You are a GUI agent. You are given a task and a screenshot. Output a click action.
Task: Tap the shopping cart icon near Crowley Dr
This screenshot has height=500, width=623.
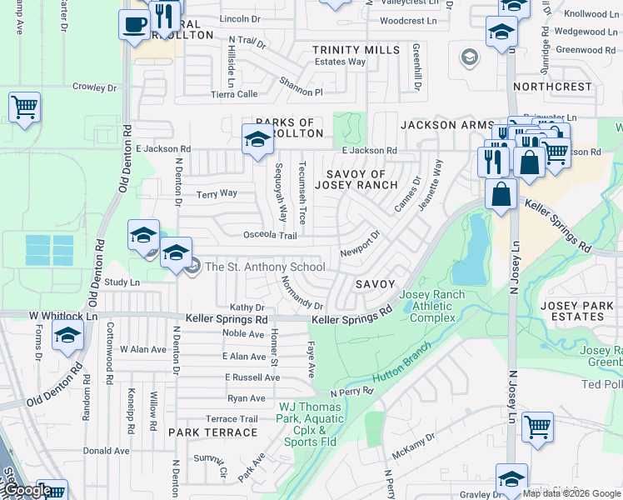coord(24,107)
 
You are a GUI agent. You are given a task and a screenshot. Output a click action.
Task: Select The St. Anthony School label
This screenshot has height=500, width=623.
coord(265,267)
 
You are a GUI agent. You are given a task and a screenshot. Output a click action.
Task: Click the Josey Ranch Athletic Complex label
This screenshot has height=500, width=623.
coord(427,306)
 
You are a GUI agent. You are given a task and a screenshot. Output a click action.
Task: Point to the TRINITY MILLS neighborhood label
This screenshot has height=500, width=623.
coord(356,50)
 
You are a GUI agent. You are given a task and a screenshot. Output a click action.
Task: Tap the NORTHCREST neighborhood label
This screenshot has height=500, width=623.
coord(551,87)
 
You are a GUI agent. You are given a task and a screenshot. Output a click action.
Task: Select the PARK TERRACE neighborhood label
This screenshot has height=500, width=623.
coord(213,432)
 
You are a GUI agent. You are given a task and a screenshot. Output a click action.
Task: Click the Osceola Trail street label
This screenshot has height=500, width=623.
coord(270,236)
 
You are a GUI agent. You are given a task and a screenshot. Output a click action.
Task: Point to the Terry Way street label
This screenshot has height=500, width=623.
coord(217,193)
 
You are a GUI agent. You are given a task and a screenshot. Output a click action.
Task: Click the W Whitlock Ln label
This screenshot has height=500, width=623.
coord(63,317)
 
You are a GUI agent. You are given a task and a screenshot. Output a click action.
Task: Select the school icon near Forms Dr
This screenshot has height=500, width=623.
coord(67,336)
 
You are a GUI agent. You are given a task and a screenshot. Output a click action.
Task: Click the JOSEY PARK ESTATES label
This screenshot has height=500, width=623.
coord(583,311)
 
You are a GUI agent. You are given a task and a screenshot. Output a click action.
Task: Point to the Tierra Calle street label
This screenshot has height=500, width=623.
coord(234,94)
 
